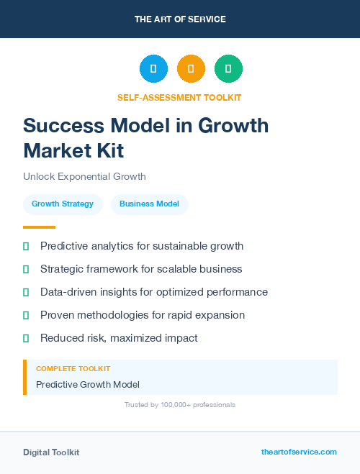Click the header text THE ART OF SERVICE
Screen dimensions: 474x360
coord(180,19)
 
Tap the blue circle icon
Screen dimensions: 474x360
coord(153,69)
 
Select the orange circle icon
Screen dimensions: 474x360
coord(191,69)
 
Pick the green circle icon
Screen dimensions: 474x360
coord(228,69)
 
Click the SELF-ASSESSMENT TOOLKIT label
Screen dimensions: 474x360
coord(179,97)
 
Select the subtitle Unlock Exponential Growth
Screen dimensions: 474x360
coord(84,176)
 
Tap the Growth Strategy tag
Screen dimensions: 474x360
coord(63,204)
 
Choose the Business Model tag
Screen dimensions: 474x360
coord(149,204)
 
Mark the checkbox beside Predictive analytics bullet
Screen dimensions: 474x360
coord(26,246)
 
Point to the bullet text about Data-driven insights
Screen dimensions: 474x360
coord(153,292)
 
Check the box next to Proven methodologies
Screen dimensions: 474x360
coord(26,315)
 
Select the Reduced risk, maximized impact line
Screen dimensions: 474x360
coord(118,338)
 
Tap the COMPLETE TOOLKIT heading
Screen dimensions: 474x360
coord(73,369)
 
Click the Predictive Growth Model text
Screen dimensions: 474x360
coord(87,385)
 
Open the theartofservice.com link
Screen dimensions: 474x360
coord(299,452)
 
